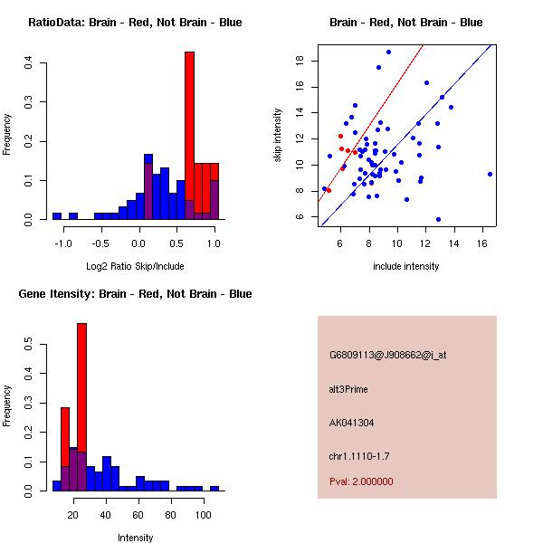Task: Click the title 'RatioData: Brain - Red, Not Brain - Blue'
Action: coord(134,23)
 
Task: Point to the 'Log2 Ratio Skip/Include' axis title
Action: coord(134,266)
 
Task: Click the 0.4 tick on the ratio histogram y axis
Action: coord(30,63)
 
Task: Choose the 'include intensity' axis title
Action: coord(405,266)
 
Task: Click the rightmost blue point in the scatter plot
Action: coord(490,174)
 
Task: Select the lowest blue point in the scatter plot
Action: coord(438,219)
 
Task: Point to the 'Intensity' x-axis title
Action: coord(136,538)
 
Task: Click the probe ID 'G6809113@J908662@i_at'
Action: coord(387,356)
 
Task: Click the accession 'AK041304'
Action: coord(352,423)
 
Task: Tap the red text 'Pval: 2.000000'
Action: coord(361,481)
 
